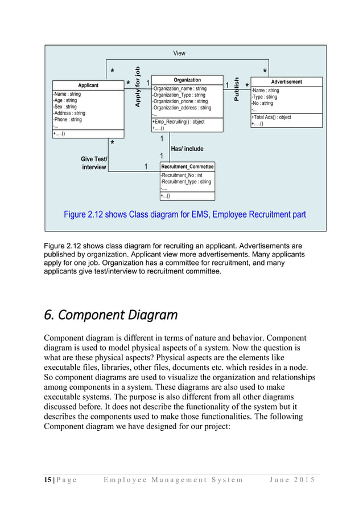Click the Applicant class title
click(88, 85)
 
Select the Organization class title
click(187, 80)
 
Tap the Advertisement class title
click(286, 81)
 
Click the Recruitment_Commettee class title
click(187, 166)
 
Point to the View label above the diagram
click(179, 53)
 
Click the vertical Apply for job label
click(137, 87)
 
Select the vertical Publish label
click(238, 89)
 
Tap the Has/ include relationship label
click(187, 149)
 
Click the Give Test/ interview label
click(94, 163)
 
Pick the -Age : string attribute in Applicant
click(64, 100)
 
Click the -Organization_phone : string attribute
click(180, 101)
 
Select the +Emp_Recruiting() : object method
click(178, 122)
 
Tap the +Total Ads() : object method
click(271, 117)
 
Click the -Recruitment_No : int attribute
click(181, 176)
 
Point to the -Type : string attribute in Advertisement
click(265, 97)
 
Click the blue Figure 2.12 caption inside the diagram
click(184, 215)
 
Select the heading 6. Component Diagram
click(110, 315)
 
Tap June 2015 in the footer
click(291, 479)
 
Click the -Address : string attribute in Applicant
click(68, 113)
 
